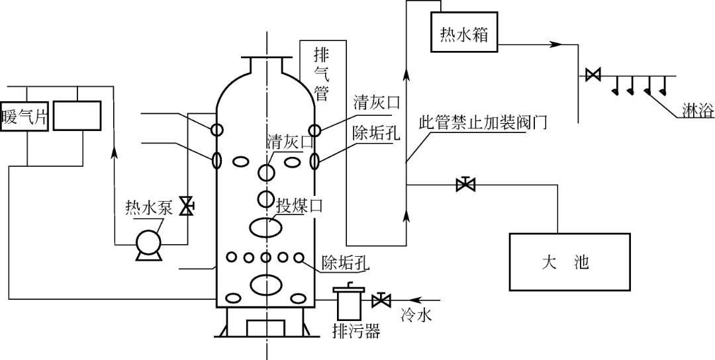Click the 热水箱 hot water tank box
tap(464, 33)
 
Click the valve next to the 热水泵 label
tap(187, 206)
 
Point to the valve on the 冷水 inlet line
tap(381, 300)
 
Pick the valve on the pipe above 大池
tap(466, 185)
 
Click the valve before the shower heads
tap(593, 75)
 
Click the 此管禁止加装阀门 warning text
tap(483, 122)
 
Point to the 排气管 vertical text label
tap(322, 73)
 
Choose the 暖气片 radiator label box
tap(24, 116)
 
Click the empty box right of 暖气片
tap(77, 116)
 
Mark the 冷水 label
tap(416, 316)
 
